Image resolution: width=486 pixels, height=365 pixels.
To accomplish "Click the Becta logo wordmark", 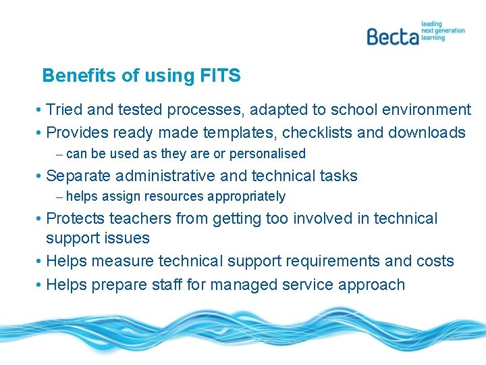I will coord(393,35).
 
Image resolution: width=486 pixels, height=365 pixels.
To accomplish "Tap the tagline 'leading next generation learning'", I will coord(443,30).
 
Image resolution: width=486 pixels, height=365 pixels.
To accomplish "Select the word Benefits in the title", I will coord(79,76).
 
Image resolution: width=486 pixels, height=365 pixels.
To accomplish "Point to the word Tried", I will coord(65,109).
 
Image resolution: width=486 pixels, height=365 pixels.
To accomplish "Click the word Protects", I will coord(75,219).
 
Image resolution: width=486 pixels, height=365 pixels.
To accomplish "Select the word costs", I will coord(435,262).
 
